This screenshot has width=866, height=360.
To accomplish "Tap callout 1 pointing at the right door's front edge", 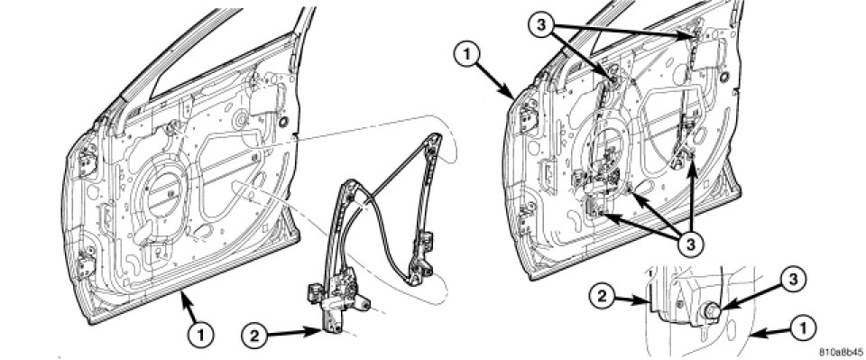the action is click(x=466, y=57).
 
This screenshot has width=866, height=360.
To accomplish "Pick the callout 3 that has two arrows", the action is click(x=543, y=26).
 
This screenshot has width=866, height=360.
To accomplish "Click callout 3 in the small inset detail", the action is click(x=791, y=281).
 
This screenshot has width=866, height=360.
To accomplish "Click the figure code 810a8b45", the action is click(x=841, y=352).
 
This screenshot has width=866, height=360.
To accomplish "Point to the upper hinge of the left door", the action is click(x=88, y=163).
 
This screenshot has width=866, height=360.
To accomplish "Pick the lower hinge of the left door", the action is click(x=87, y=264).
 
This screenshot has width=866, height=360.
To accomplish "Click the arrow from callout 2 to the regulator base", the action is click(x=294, y=332).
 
